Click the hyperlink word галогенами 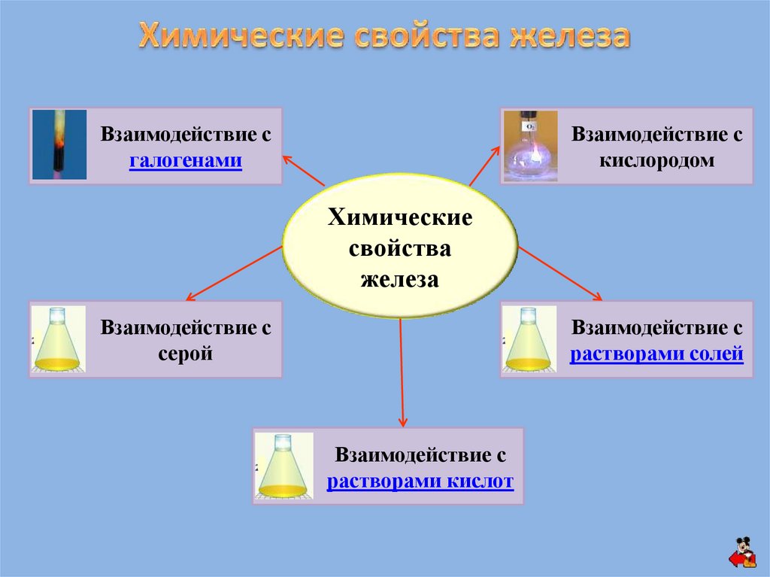(x=185, y=161)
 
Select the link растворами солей (x=656, y=353)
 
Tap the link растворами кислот (x=420, y=481)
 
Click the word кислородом (x=657, y=161)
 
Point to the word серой (x=185, y=353)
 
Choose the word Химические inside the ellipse (x=399, y=219)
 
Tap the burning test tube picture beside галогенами (x=59, y=144)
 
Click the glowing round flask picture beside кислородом (x=530, y=146)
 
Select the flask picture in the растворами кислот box (x=282, y=466)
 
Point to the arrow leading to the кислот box (x=401, y=372)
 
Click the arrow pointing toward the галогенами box (x=303, y=170)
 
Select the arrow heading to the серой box (x=233, y=273)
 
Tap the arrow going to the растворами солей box (x=560, y=275)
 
